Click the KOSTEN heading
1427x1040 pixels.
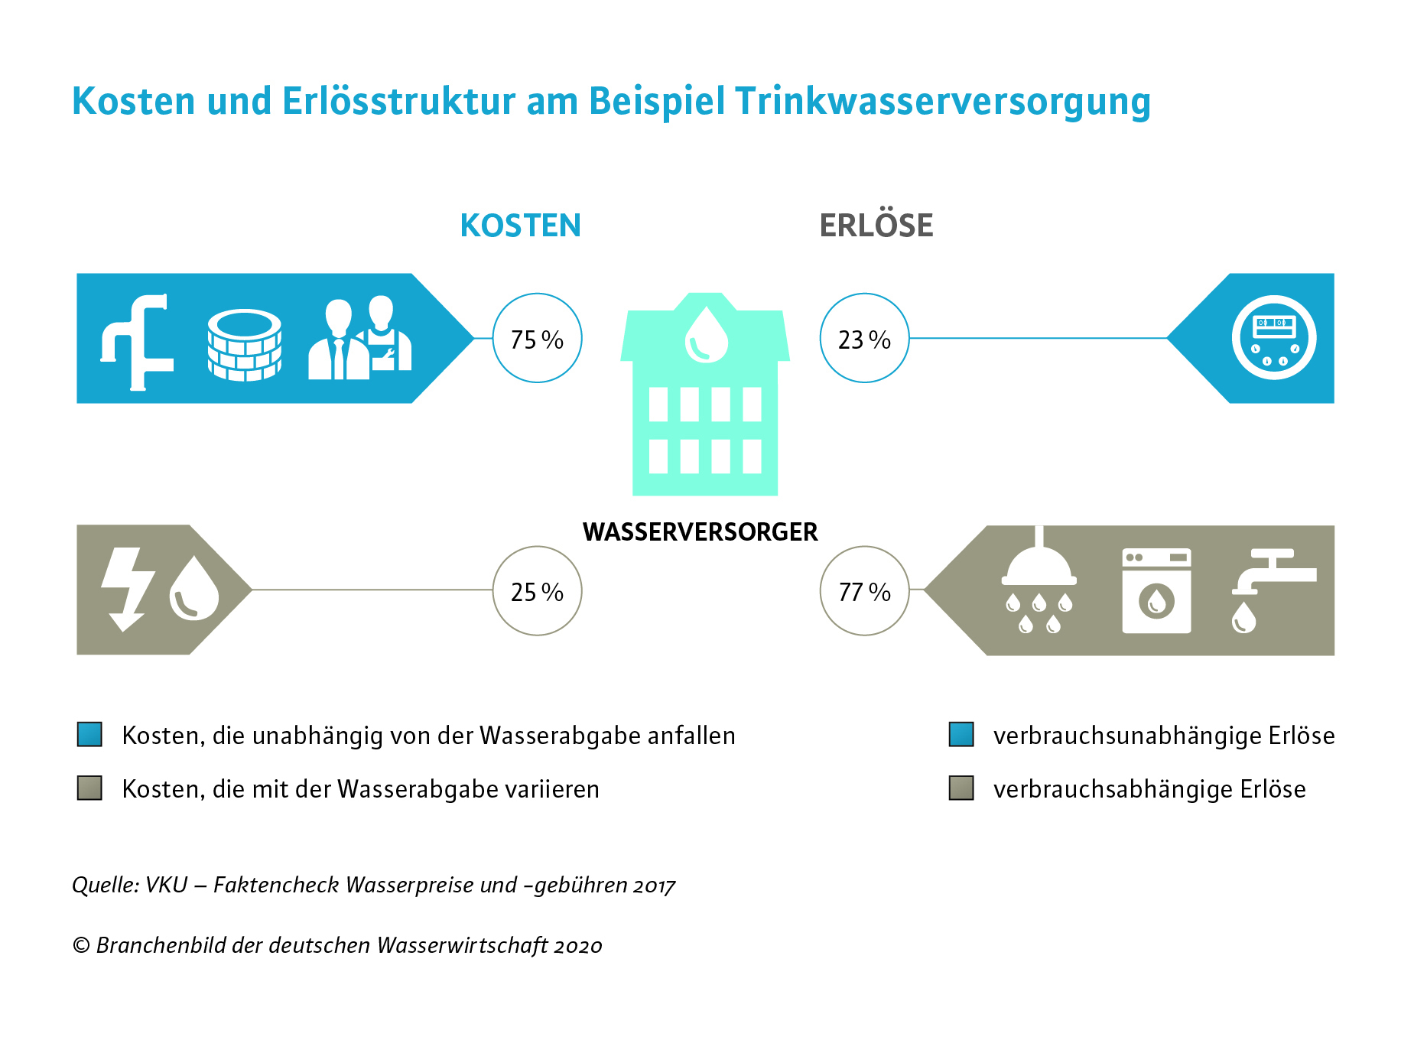[521, 226]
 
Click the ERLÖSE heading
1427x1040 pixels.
[876, 225]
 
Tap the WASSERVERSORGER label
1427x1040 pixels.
[700, 531]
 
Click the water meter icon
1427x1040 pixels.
[1274, 337]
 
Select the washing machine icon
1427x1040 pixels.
[1156, 590]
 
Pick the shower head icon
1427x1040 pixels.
[1039, 581]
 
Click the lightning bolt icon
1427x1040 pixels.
[128, 590]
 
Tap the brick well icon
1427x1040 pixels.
[245, 345]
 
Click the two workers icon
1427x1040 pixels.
[360, 338]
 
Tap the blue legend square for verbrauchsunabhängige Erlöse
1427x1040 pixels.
[961, 734]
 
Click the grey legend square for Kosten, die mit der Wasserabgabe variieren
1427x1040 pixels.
[89, 788]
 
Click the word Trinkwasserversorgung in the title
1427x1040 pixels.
[943, 102]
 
